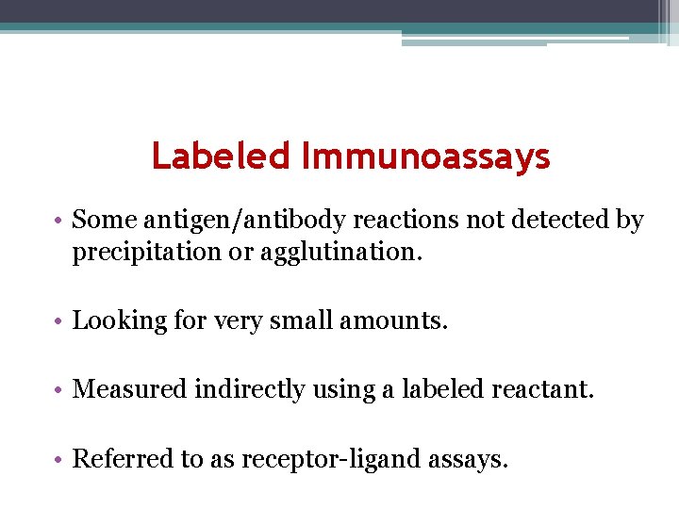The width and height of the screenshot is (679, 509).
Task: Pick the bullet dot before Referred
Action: click(59, 460)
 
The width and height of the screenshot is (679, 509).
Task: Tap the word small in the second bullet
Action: click(301, 321)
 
